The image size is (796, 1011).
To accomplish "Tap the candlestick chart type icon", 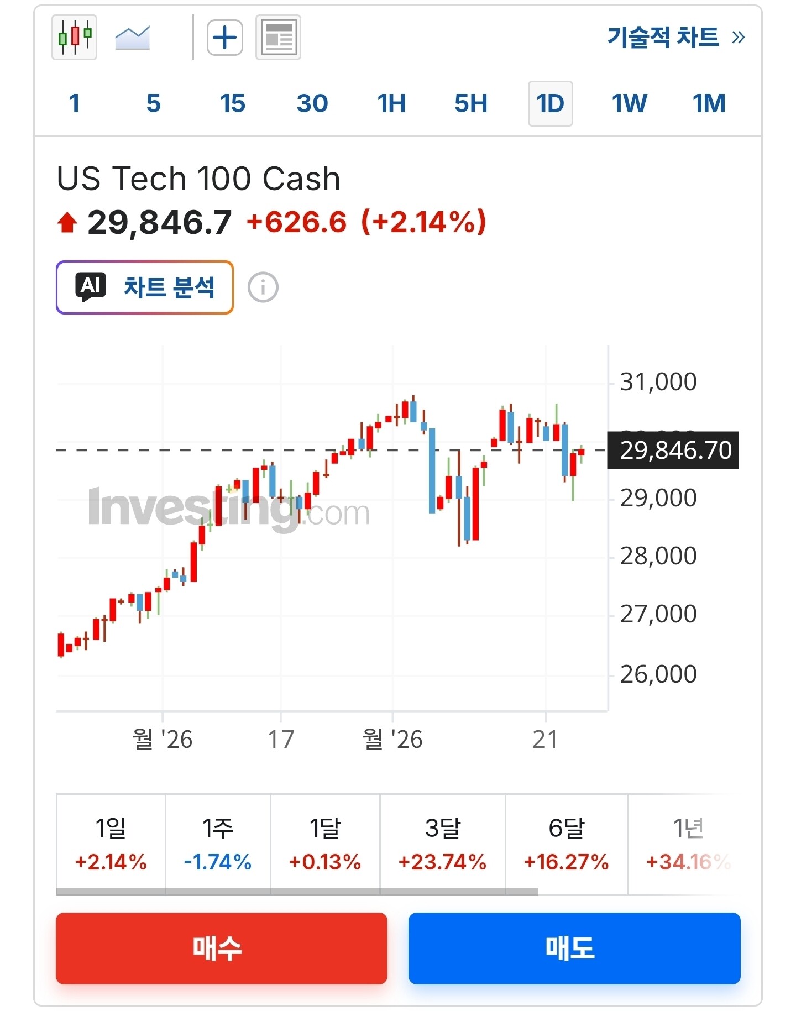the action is (x=74, y=38).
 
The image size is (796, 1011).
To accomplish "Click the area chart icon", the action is (x=132, y=38).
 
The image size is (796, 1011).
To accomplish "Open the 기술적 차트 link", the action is (x=675, y=37).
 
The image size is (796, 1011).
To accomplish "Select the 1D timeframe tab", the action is (x=550, y=103).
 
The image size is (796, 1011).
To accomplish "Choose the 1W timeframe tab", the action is (x=629, y=103).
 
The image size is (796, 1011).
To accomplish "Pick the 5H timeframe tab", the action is (x=471, y=103).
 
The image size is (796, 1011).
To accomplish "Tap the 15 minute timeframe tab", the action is (x=232, y=103).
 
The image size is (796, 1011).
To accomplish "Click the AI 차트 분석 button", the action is (x=145, y=287).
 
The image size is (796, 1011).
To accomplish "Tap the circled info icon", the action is (x=263, y=287).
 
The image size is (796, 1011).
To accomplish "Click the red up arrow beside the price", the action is (x=67, y=223).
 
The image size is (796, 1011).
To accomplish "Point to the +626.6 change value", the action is (x=297, y=222).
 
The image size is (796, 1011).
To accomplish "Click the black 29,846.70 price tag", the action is (x=673, y=450).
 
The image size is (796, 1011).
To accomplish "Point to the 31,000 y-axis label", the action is (x=658, y=381).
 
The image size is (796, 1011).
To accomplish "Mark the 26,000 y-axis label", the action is (x=658, y=674).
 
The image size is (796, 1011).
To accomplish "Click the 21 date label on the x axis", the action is (x=545, y=739).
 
